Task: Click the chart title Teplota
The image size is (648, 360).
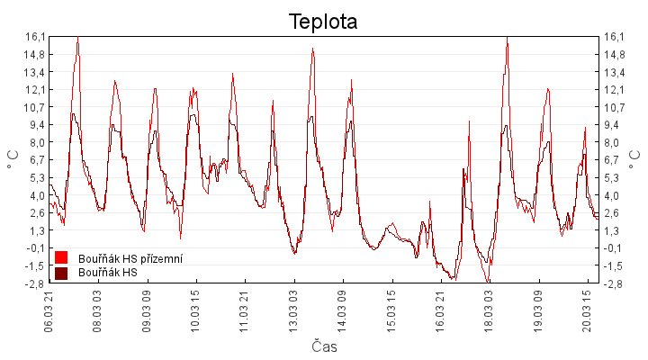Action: click(323, 22)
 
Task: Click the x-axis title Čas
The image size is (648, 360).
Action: click(324, 346)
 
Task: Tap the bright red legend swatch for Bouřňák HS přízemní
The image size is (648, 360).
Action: click(61, 258)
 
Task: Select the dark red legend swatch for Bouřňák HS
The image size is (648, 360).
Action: click(61, 272)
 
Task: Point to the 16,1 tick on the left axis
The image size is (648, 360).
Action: click(35, 36)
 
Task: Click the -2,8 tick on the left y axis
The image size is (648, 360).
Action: click(35, 283)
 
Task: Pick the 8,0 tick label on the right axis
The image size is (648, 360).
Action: click(615, 142)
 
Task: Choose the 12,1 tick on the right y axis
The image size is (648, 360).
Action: click(615, 89)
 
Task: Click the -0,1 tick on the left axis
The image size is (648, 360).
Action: click(35, 248)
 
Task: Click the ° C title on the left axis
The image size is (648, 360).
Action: click(12, 160)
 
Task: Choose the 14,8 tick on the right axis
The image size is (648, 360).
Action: click(615, 54)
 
